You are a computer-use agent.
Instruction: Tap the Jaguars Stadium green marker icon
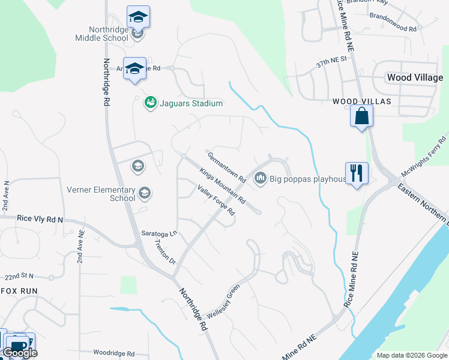(x=150, y=103)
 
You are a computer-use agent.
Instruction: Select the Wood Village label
(x=415, y=77)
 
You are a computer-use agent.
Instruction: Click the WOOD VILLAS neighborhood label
(x=362, y=102)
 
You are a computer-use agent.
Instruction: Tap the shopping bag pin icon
(x=362, y=116)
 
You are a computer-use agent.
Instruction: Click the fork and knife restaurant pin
(x=357, y=173)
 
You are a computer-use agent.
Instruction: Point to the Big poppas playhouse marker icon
(x=261, y=178)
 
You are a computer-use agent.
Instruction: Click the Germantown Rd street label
(x=227, y=167)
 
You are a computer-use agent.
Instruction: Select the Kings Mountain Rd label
(x=222, y=185)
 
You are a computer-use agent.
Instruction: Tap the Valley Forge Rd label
(x=215, y=200)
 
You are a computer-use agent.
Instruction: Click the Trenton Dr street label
(x=164, y=253)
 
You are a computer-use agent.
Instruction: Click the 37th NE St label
(x=332, y=60)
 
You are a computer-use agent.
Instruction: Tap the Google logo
(x=20, y=353)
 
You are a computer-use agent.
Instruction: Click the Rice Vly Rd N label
(x=40, y=220)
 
